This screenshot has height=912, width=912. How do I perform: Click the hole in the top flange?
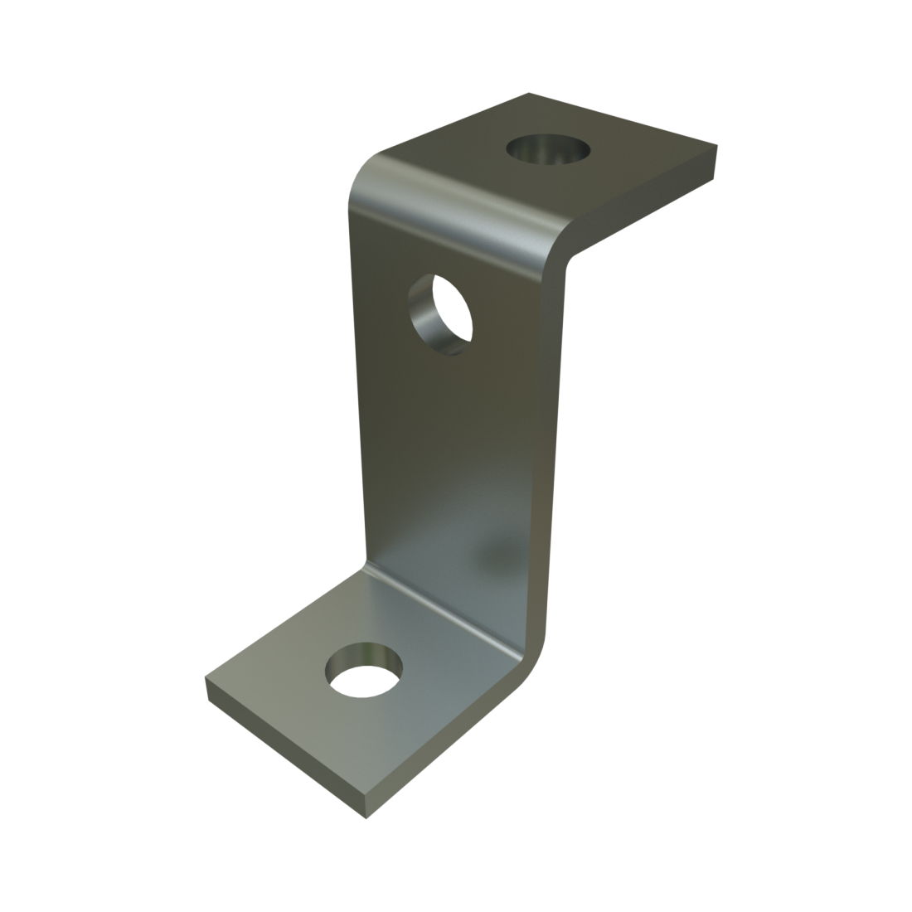[549, 151]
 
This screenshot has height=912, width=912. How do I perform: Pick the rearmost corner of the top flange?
[528, 94]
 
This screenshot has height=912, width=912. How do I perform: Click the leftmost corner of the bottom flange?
[206, 678]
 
